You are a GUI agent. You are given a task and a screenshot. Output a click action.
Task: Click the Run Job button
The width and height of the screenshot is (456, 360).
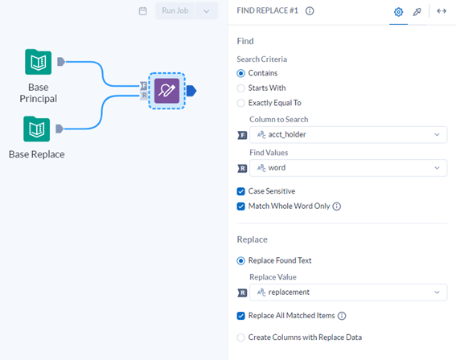pos(175,11)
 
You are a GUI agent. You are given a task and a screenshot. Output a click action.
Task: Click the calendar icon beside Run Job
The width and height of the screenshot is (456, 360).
pos(143,11)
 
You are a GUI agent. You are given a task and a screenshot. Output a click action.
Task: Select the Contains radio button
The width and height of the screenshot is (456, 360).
pos(240,73)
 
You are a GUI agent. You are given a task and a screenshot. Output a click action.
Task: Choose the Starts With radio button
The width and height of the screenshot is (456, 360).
pos(240,88)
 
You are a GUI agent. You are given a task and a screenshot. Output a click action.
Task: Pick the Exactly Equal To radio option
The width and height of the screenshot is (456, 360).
pos(240,103)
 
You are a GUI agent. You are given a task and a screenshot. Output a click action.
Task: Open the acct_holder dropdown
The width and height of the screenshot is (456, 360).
pos(348,134)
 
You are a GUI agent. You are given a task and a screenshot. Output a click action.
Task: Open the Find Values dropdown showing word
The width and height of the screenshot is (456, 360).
pos(348,168)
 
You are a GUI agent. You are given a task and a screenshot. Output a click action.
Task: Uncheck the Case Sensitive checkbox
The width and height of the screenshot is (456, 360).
pos(240,191)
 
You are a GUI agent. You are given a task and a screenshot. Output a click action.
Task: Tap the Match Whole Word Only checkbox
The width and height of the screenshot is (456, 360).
pos(240,207)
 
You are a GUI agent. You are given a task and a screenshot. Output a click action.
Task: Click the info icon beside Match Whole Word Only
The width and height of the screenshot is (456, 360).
pos(336,207)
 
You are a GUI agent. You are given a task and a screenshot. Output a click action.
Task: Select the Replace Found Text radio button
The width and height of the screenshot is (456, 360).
pos(240,260)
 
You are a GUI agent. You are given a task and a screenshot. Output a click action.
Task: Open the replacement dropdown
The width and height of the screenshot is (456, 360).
pos(348,292)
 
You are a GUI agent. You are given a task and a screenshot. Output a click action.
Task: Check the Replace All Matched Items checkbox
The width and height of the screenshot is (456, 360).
pos(240,316)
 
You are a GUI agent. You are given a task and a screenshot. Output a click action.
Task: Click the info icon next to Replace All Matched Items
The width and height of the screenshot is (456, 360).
pos(342,316)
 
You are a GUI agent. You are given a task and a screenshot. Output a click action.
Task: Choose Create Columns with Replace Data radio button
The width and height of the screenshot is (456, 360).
pos(240,337)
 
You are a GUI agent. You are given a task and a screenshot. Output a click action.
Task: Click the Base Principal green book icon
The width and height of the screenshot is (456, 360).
pos(39,62)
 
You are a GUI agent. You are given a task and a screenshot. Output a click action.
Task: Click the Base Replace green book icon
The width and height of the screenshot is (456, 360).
pos(37,129)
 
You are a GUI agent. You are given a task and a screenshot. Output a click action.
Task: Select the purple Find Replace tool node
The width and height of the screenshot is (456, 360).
pos(166,91)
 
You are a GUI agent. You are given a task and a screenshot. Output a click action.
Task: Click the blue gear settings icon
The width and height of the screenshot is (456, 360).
pos(398,12)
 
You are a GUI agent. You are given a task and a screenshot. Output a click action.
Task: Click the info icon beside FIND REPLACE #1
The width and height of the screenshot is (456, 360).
pos(310,11)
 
